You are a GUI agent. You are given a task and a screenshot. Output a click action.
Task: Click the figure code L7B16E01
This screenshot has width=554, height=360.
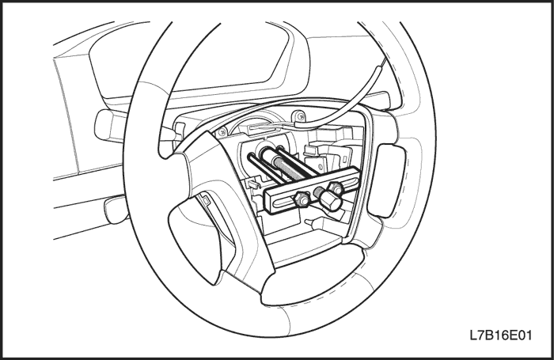pos(501,335)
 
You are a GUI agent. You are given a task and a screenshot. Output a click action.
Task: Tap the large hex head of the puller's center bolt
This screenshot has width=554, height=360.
pos(330,202)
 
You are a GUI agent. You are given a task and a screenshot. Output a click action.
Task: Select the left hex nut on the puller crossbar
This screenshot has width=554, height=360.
pos(303,199)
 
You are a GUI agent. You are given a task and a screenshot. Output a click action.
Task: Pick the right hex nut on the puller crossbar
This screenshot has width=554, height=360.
pos(336,188)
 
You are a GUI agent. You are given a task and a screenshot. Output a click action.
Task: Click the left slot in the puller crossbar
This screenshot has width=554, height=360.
pos(283,203)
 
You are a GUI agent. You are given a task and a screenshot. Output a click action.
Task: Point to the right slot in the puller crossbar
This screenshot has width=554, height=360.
pos(349,184)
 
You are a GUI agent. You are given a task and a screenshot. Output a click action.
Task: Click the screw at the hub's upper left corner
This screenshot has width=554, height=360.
pos(222,132)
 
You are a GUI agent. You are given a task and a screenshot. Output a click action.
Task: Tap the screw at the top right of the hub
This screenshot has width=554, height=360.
pos(300,115)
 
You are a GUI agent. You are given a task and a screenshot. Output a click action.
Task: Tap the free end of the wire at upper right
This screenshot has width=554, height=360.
pos(383,61)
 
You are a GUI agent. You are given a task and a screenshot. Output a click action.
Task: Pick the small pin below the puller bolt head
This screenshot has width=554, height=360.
pos(311,222)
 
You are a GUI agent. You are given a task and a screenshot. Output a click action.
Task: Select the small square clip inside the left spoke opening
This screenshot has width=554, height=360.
pos(206,200)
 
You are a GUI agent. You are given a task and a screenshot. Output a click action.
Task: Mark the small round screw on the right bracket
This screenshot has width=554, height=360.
pos(321,166)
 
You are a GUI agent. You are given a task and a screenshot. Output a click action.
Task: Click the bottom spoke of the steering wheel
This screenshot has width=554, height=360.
pos(313,279)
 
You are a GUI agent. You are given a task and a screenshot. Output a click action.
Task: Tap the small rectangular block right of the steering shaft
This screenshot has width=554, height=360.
pos(310,150)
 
